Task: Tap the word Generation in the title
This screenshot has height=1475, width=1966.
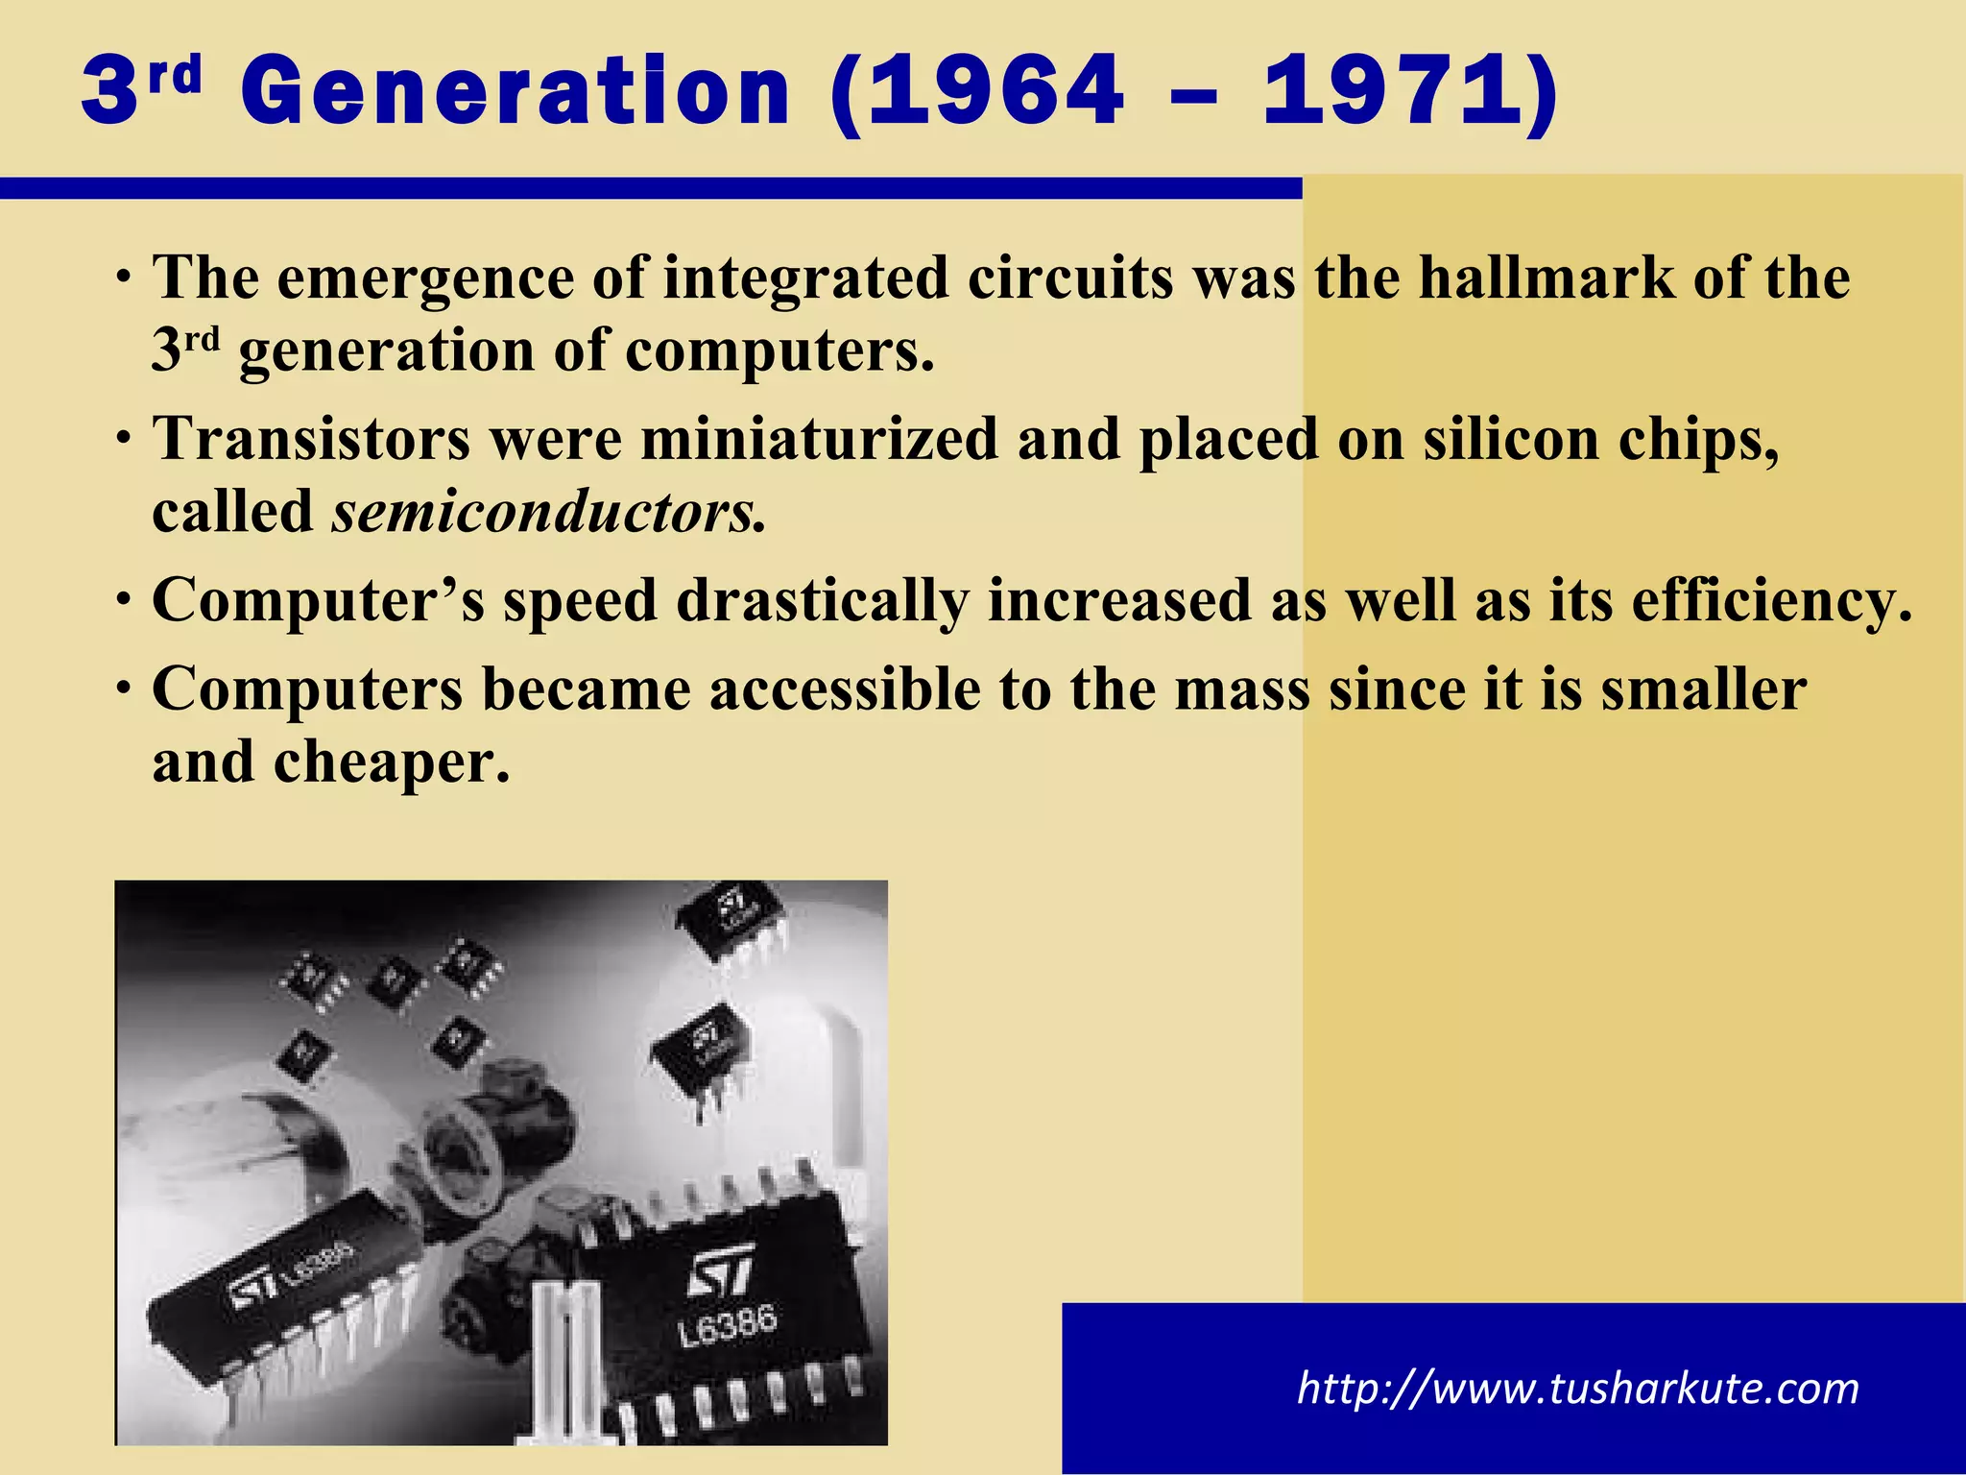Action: point(515,91)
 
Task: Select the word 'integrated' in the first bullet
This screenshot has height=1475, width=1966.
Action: point(804,279)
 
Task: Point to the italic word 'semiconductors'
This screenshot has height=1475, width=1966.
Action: point(547,512)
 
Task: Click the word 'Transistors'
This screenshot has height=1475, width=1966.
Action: point(312,440)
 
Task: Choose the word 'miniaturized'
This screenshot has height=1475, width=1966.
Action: point(819,440)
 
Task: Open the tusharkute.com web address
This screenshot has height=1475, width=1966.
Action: point(1577,1389)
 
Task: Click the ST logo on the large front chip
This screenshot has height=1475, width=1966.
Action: point(720,1274)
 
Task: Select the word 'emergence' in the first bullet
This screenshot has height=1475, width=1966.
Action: point(425,279)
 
